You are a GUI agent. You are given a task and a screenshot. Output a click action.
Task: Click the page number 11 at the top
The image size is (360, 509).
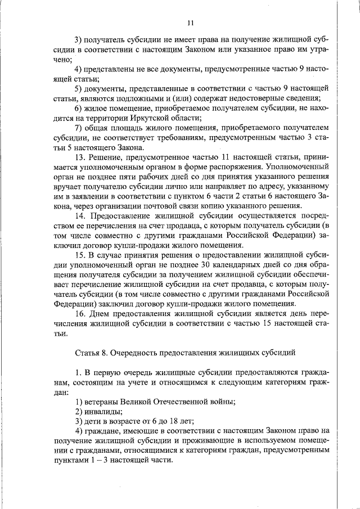tap(190, 23)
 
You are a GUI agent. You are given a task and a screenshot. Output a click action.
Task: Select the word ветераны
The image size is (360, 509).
tap(102, 402)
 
